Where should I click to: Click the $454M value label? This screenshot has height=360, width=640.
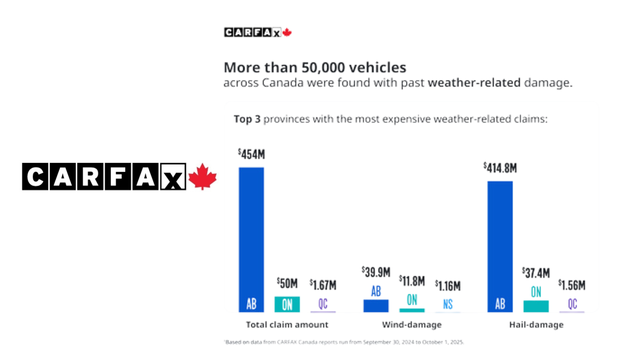coord(251,154)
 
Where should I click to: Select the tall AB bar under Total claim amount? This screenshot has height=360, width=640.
coord(251,240)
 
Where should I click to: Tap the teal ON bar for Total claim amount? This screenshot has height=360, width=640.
coord(287,304)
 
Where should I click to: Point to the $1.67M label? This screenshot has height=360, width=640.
coord(323,285)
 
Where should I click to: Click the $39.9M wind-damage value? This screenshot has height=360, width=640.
coord(376,272)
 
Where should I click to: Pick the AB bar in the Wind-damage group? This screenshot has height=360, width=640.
coord(376,306)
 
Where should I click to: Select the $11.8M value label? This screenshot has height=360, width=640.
coord(412,281)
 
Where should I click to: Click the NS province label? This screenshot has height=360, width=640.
coord(448,304)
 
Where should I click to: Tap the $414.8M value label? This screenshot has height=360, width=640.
coord(500,168)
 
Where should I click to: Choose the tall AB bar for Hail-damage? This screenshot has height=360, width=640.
coord(500,247)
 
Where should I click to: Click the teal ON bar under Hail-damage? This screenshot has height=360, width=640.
coord(536,306)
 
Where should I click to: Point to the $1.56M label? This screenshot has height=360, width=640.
coord(572,285)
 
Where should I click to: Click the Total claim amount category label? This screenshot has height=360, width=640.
coord(287,325)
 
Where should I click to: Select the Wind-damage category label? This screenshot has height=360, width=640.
coord(412,325)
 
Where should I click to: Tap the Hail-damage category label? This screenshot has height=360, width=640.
coord(536,325)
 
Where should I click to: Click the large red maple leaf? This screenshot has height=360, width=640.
coord(202,177)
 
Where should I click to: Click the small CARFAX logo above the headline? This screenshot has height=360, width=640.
coord(258,32)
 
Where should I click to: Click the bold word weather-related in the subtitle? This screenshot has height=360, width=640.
coord(474,83)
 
